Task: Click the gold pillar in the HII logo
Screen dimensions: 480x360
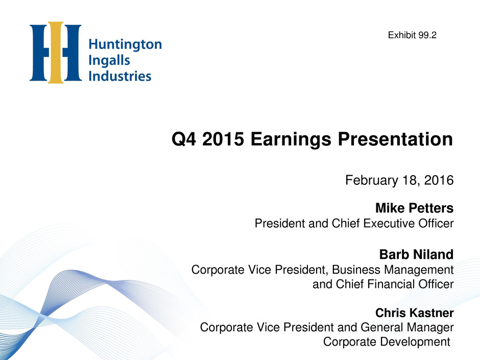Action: pyautogui.click(x=56, y=53)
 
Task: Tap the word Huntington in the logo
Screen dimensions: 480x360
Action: pyautogui.click(x=125, y=45)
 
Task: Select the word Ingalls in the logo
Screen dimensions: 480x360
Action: pyautogui.click(x=109, y=61)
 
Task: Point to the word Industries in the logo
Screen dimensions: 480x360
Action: pyautogui.click(x=120, y=76)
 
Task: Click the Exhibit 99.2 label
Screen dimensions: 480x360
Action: pyautogui.click(x=412, y=35)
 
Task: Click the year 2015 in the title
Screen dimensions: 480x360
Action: pyautogui.click(x=223, y=139)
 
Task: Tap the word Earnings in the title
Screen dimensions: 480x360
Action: pyautogui.click(x=291, y=139)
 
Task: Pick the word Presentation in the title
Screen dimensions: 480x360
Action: pyautogui.click(x=395, y=139)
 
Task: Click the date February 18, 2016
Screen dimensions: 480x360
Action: pyautogui.click(x=399, y=180)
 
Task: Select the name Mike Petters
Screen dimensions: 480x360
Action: pyautogui.click(x=415, y=208)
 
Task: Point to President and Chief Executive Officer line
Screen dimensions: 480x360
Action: pyautogui.click(x=354, y=223)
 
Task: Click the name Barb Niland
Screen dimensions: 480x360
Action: pyautogui.click(x=416, y=254)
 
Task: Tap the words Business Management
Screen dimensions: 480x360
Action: pyautogui.click(x=393, y=270)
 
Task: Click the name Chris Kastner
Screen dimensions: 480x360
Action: pyautogui.click(x=415, y=313)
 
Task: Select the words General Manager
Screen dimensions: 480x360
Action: pyautogui.click(x=407, y=327)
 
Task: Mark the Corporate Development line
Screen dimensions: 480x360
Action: pyautogui.click(x=387, y=342)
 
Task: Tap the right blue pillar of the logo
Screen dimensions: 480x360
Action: pyautogui.click(x=72, y=53)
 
